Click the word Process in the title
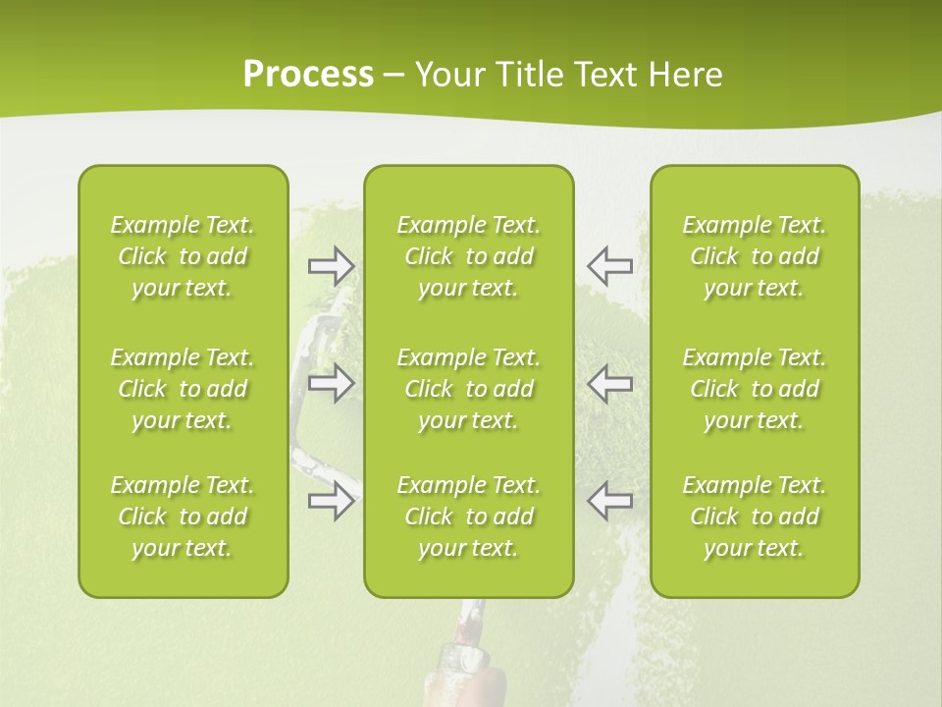click(x=308, y=75)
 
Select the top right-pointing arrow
click(x=332, y=265)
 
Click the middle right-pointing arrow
click(x=332, y=383)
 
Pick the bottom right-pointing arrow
click(x=332, y=501)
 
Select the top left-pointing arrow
click(x=610, y=265)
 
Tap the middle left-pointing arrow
click(x=610, y=383)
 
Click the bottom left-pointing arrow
click(x=610, y=501)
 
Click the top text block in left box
click(x=183, y=256)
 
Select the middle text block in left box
click(x=183, y=389)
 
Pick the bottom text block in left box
click(x=183, y=517)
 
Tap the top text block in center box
click(x=469, y=256)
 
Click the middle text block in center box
click(x=469, y=389)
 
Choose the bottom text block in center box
click(x=469, y=517)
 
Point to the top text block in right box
click(x=755, y=256)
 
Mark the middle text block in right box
click(x=755, y=389)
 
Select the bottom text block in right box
click(x=755, y=517)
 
